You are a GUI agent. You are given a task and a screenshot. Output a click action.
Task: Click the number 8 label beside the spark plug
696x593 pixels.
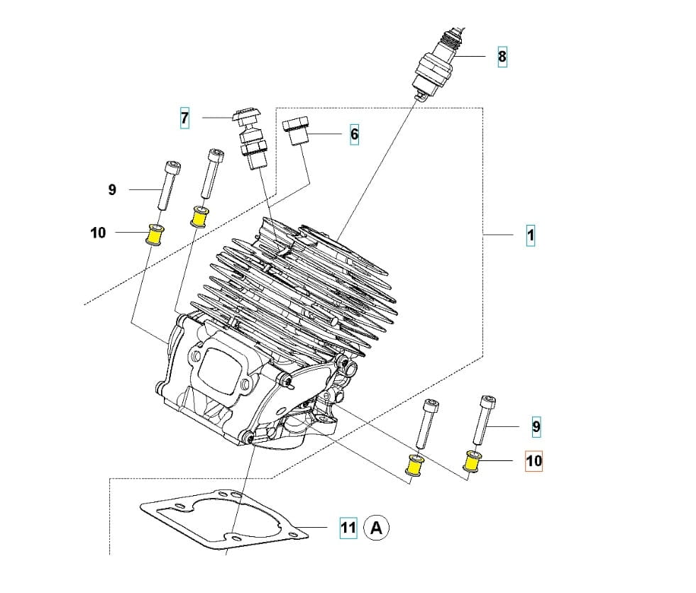click(502, 57)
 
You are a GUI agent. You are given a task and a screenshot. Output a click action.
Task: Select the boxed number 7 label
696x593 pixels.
click(185, 118)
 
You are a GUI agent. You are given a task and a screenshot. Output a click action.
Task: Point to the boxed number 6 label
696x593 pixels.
click(354, 133)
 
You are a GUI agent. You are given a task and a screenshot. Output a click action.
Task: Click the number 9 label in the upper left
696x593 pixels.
click(112, 189)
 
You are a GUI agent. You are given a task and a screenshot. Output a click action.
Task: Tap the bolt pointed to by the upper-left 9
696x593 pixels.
click(167, 184)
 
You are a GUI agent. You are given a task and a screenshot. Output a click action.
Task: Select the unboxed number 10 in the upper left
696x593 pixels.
click(98, 232)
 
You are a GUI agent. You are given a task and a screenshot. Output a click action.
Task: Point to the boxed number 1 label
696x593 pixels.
click(531, 235)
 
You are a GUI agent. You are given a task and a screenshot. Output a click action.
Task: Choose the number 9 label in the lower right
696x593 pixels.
click(536, 426)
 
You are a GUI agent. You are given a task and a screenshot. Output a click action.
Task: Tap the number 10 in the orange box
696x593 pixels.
click(534, 461)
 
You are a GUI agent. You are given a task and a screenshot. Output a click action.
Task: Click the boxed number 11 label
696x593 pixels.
click(348, 528)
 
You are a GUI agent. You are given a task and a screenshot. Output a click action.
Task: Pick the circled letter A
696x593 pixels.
click(377, 528)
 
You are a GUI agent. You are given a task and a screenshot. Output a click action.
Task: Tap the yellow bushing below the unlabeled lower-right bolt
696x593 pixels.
click(414, 466)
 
